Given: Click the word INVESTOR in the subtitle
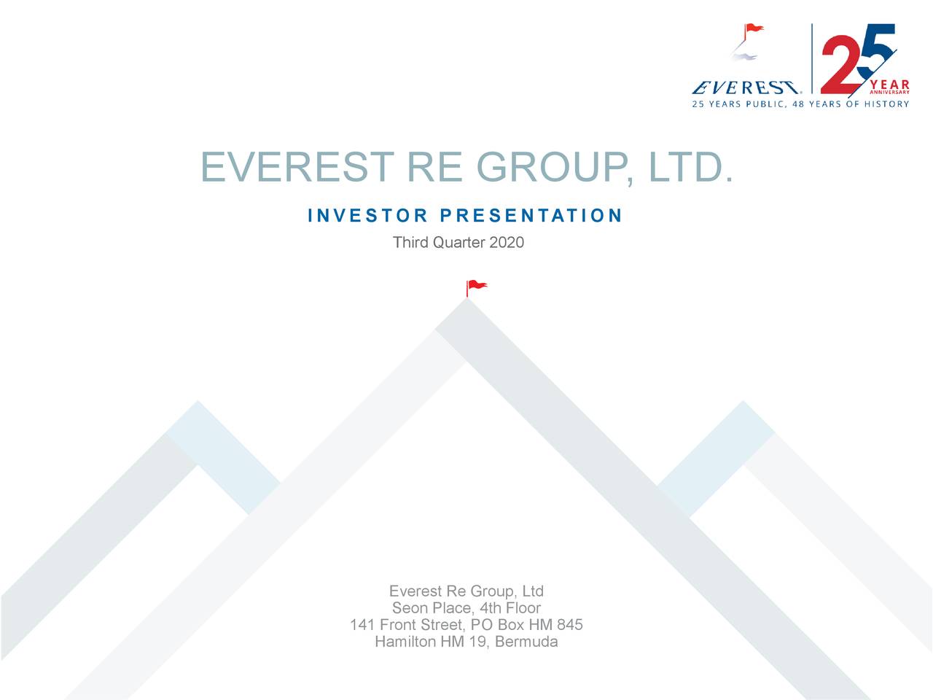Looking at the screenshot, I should (367, 216).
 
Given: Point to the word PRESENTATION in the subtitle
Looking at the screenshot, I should (531, 216).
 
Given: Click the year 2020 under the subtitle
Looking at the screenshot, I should (507, 242).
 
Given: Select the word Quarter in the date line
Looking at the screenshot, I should (458, 242).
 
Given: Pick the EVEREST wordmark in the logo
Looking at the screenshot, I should (744, 88).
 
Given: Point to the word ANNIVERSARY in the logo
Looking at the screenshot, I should (889, 93).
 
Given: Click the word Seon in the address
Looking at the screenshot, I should (410, 608).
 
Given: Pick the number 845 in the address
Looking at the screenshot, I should (569, 625).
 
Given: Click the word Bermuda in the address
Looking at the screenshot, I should (527, 642).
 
